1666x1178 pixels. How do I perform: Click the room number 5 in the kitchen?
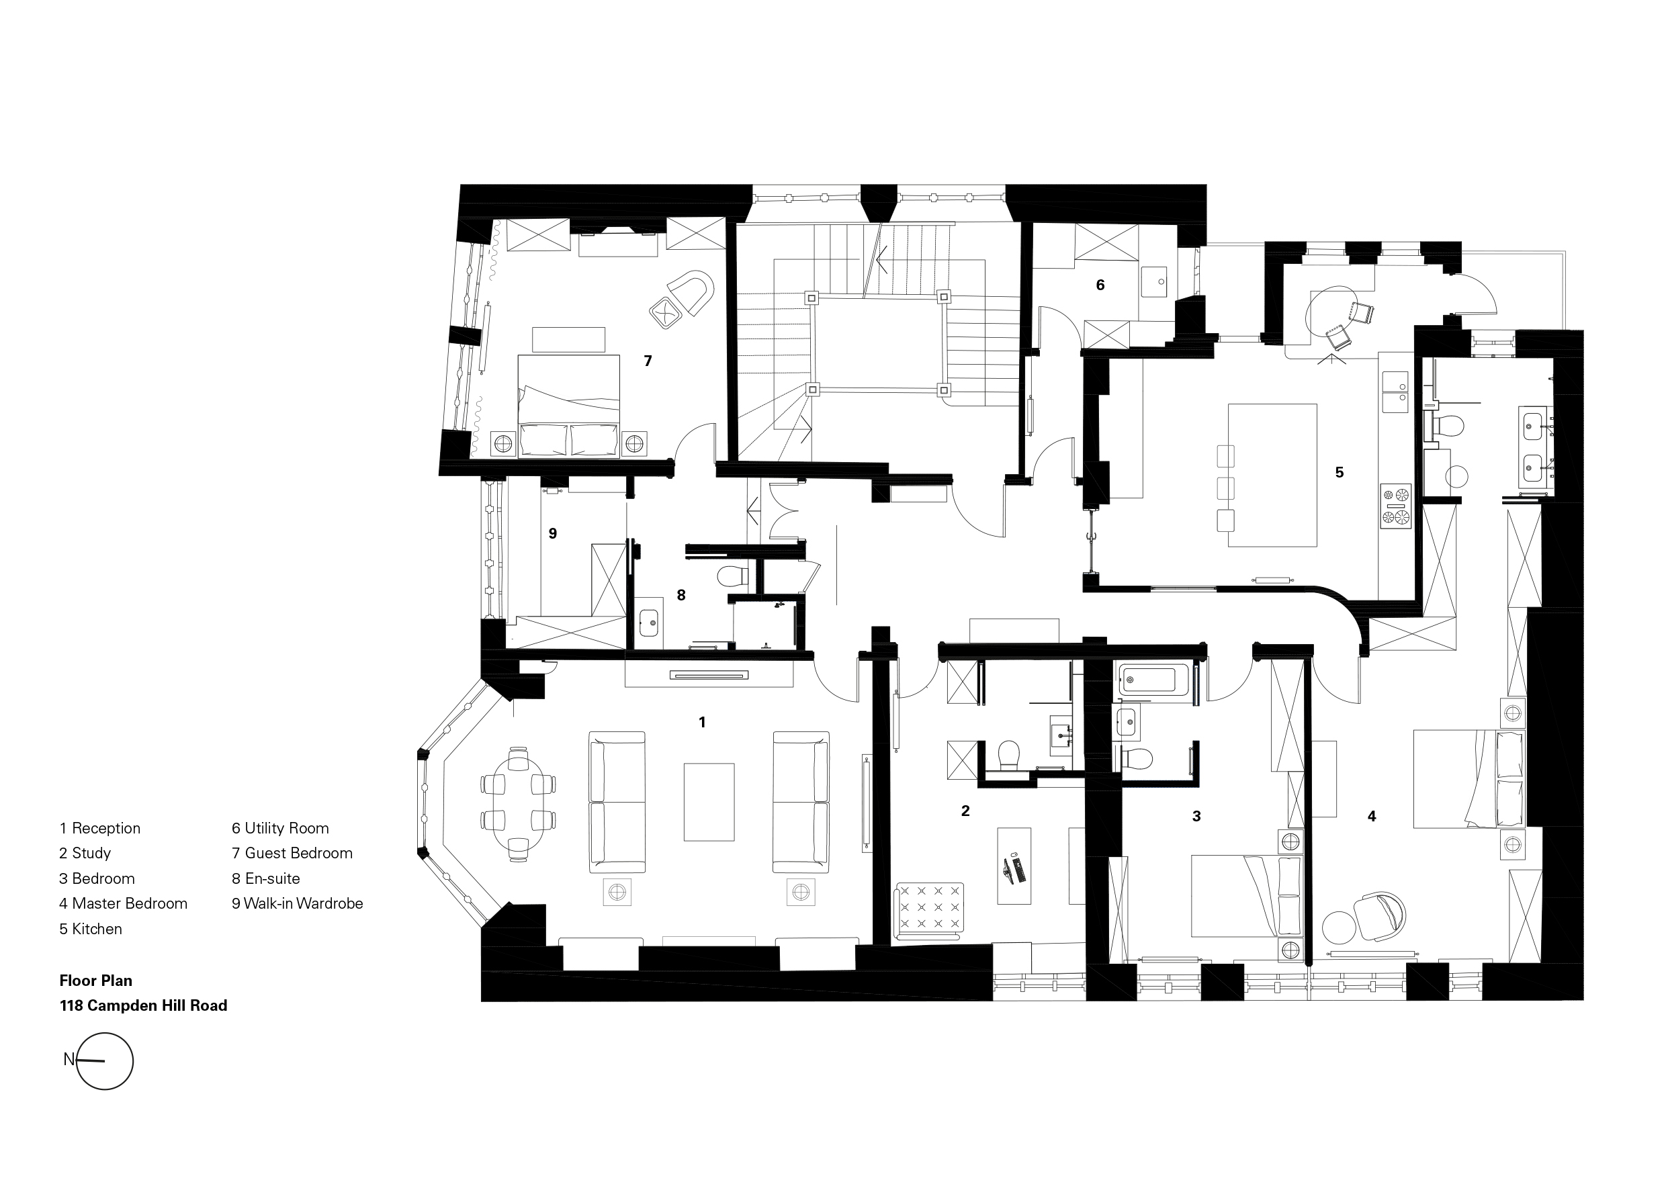click(x=1340, y=472)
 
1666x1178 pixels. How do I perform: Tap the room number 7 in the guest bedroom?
click(x=648, y=361)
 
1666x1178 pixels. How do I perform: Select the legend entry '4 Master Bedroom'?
click(x=124, y=904)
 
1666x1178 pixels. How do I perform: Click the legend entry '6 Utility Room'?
click(x=280, y=828)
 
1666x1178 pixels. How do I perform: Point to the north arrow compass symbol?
click(x=105, y=1061)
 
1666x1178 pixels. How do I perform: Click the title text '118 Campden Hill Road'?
click(x=144, y=1005)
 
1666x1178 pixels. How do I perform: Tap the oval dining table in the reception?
click(x=518, y=804)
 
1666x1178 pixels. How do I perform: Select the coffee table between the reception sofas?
click(x=709, y=801)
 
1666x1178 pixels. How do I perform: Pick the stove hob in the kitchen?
click(x=1396, y=506)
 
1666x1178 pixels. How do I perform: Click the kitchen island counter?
click(x=1272, y=475)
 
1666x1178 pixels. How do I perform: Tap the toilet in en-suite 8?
click(x=733, y=577)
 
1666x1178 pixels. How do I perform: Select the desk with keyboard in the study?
click(x=1014, y=865)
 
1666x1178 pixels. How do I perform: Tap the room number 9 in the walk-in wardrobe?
click(x=553, y=534)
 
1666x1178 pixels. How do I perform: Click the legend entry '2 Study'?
click(x=85, y=854)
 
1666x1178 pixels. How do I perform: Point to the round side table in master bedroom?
click(x=1338, y=926)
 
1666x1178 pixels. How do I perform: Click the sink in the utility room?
click(x=1153, y=281)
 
